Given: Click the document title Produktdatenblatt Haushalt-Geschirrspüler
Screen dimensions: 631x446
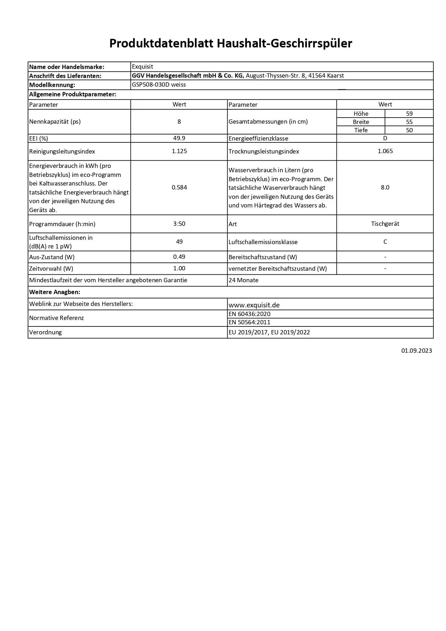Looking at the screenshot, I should point(230,44).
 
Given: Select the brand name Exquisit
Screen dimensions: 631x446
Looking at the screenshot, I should point(142,67).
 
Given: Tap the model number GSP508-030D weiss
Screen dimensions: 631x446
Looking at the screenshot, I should point(158,85).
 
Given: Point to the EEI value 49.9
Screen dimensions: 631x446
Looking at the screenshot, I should point(179,138).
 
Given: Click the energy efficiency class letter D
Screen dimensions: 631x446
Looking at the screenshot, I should point(385,138).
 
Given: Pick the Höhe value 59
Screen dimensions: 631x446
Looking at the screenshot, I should point(409,114).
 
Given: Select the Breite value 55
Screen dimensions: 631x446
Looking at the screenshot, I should point(409,122).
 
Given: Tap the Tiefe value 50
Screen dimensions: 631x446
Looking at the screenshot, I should point(409,130).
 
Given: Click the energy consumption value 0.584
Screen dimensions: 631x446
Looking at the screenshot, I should point(179,187).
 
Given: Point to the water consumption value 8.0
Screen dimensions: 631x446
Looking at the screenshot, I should point(385,187).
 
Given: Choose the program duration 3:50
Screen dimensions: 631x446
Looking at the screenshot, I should point(179,224).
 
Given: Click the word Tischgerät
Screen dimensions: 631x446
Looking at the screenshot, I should point(385,224).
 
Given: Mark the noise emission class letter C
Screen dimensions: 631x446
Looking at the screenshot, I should point(385,242).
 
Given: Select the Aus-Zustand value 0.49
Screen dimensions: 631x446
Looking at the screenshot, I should point(179,257).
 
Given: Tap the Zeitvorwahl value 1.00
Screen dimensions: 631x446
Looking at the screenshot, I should point(179,268).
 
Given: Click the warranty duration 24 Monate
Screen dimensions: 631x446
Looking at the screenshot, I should point(243,280).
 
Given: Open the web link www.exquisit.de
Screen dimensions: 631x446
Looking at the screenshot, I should point(254,305).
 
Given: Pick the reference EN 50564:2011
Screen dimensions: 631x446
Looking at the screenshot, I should point(249,322).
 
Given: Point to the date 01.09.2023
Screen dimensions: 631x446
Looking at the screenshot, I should point(417,351).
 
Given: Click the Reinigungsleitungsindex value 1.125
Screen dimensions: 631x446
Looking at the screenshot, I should point(179,151).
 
